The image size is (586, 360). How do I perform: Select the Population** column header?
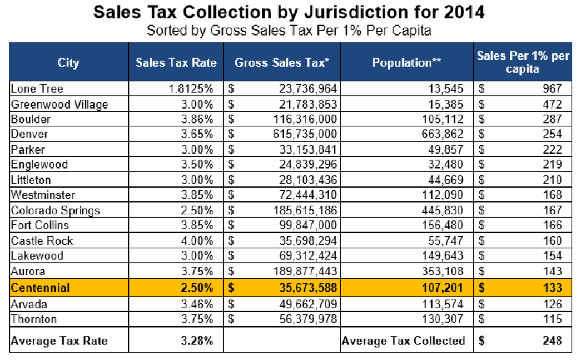click(406, 62)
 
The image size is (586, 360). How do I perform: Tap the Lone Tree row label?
click(37, 89)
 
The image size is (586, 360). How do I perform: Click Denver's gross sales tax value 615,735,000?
click(305, 134)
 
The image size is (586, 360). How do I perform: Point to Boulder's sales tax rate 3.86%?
click(198, 119)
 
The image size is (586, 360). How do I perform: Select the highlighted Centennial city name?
click(41, 288)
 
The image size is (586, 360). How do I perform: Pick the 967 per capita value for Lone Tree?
click(553, 89)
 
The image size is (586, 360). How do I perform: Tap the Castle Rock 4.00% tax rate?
click(198, 241)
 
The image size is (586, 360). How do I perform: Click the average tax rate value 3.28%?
click(198, 341)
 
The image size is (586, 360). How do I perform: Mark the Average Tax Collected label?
click(403, 341)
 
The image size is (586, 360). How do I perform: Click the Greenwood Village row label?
click(59, 104)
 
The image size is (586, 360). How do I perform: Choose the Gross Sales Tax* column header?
click(282, 62)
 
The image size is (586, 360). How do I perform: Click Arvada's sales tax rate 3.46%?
click(198, 304)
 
